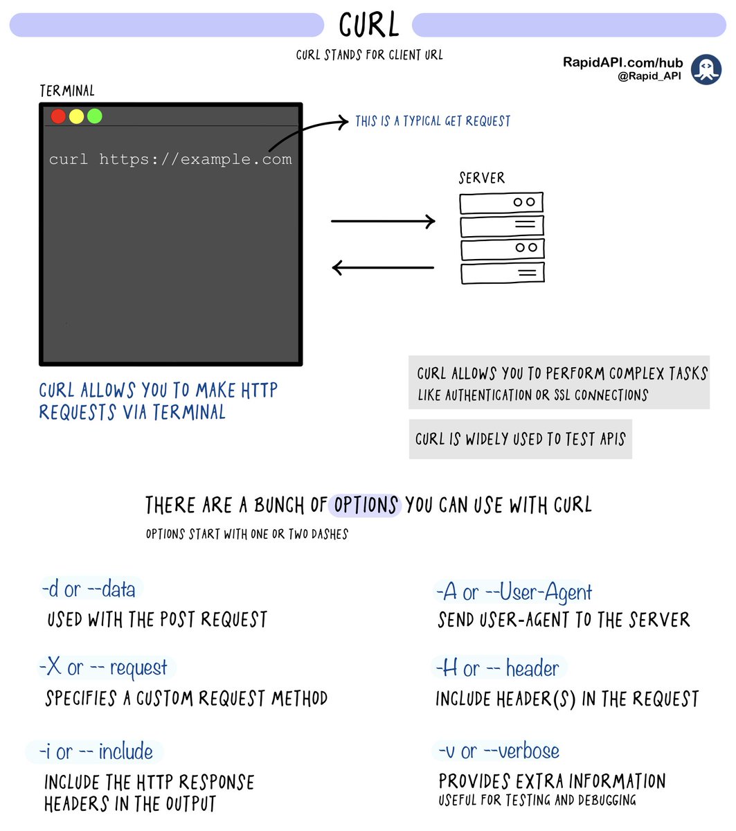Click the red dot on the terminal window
[58, 116]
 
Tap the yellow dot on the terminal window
[76, 116]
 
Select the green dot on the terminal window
[95, 116]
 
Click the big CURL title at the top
[368, 25]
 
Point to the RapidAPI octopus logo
[706, 69]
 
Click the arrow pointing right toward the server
[383, 221]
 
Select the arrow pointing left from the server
[383, 267]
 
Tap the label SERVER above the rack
[481, 178]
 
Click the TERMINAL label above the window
[67, 91]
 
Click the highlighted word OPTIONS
[366, 505]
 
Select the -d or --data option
[89, 589]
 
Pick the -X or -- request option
[103, 668]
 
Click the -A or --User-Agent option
[514, 592]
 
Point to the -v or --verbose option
[499, 751]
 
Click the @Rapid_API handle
[649, 76]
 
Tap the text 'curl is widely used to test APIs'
[521, 438]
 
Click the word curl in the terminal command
[69, 159]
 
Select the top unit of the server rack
[501, 203]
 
